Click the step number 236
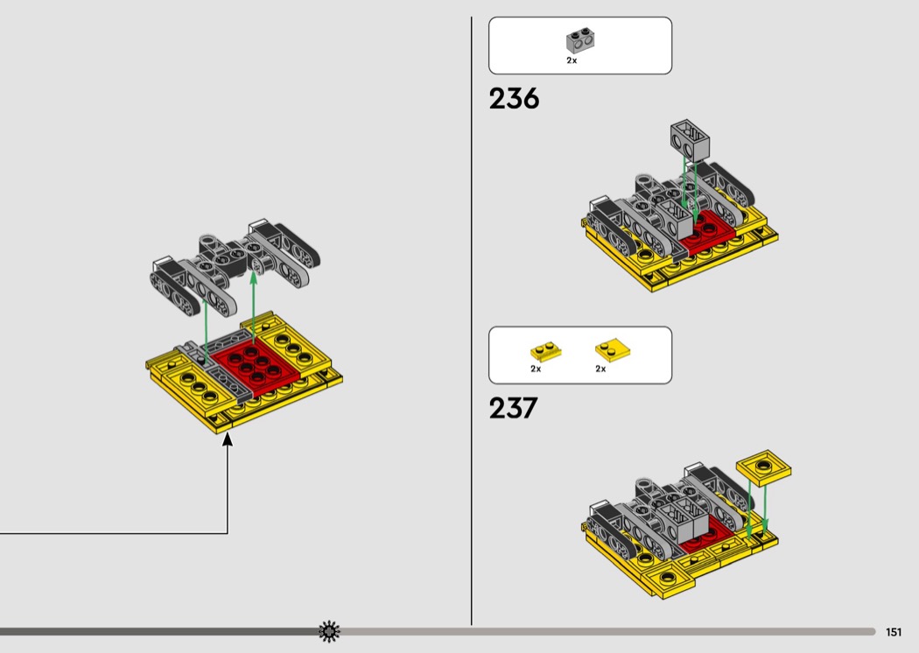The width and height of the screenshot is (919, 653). coord(514,99)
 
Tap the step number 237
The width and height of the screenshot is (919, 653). coord(513,408)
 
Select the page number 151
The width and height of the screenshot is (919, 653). coord(894,632)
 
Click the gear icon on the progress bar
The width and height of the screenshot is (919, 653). coord(329,631)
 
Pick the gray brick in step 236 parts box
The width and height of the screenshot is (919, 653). coord(581,40)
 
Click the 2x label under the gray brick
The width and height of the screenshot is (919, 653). coord(572,60)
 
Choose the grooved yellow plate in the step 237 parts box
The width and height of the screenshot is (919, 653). coord(545,351)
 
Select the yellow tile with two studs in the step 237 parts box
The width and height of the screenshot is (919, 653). coord(613,350)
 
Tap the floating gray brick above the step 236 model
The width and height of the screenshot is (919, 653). coord(690,141)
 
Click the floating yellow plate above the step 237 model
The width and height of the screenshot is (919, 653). coord(763,467)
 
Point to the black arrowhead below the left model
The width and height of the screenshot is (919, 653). coord(228,439)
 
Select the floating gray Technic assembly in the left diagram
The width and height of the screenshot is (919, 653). coord(235,267)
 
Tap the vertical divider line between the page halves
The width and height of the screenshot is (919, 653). coord(471,320)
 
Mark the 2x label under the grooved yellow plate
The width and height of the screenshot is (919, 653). coord(536,369)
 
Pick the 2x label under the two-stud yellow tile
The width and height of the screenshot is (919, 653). coord(600,369)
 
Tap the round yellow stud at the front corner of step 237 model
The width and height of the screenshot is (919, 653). coord(668,578)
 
